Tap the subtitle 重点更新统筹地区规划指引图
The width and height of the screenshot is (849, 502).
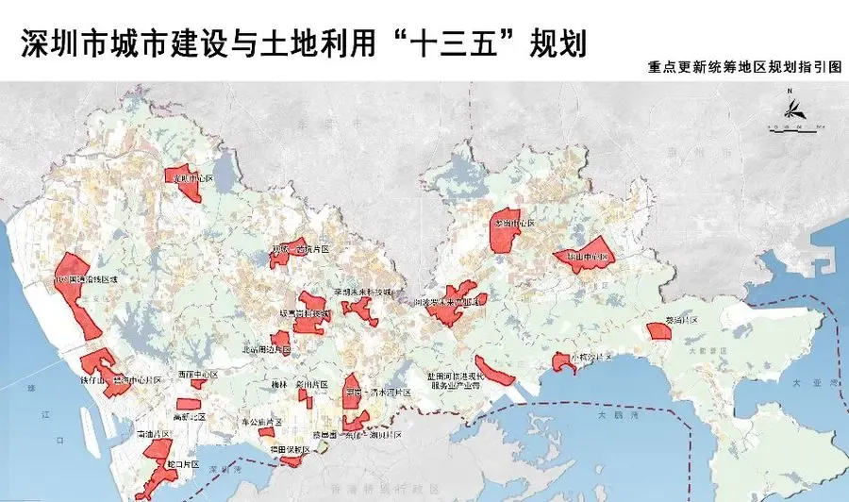(x=741, y=70)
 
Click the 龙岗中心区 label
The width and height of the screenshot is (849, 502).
(x=513, y=224)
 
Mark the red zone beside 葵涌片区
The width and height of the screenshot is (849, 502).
(x=658, y=331)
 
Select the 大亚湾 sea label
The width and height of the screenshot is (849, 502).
(x=807, y=385)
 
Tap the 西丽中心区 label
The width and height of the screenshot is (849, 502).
(x=198, y=375)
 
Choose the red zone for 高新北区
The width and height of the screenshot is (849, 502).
(x=188, y=404)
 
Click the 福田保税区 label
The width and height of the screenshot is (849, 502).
(x=289, y=450)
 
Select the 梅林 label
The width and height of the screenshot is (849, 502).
(x=278, y=386)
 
